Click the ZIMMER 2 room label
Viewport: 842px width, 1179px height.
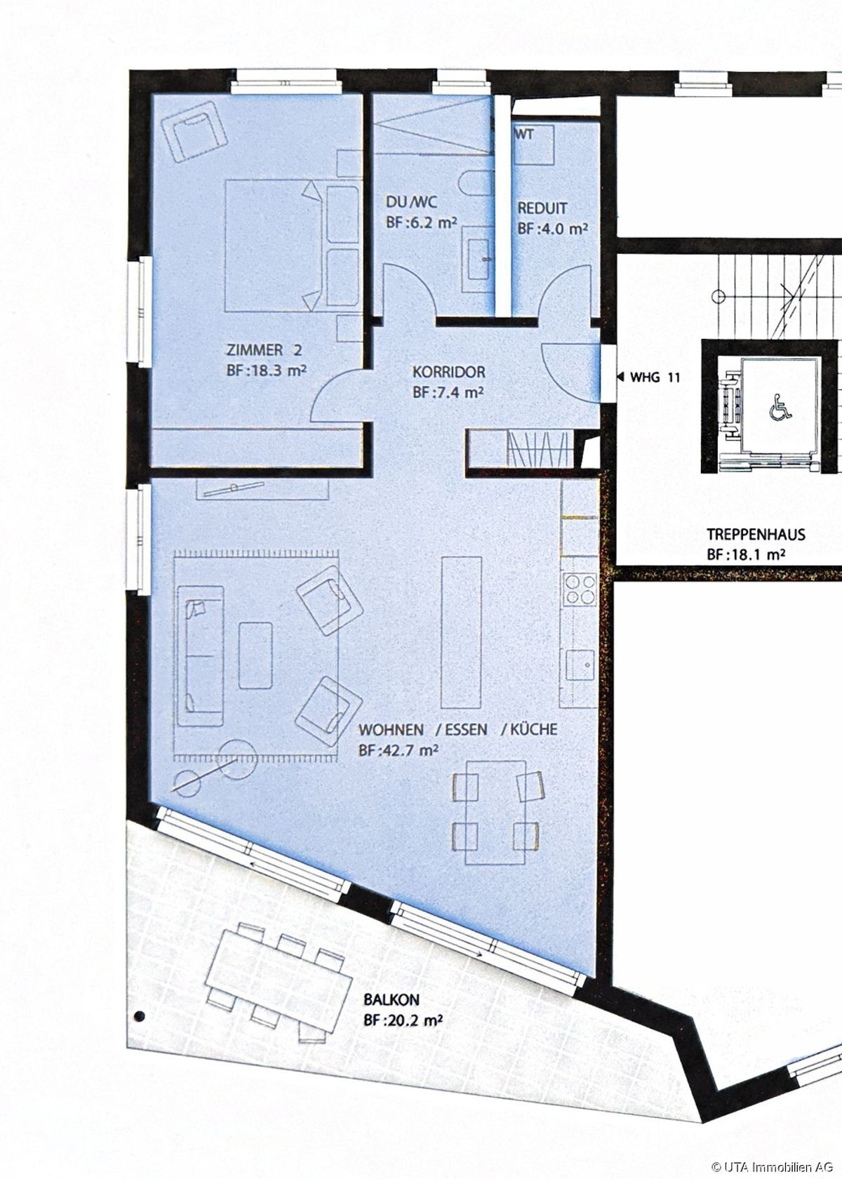pos(265,349)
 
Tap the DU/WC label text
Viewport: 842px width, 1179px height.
pos(411,202)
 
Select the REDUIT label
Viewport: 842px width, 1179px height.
pos(542,208)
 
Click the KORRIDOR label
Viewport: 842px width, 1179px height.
pos(449,372)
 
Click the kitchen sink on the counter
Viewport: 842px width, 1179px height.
pos(580,667)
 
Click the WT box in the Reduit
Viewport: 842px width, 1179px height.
pos(533,145)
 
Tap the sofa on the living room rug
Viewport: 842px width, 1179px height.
pos(201,656)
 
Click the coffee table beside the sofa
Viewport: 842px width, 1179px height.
pos(255,655)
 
